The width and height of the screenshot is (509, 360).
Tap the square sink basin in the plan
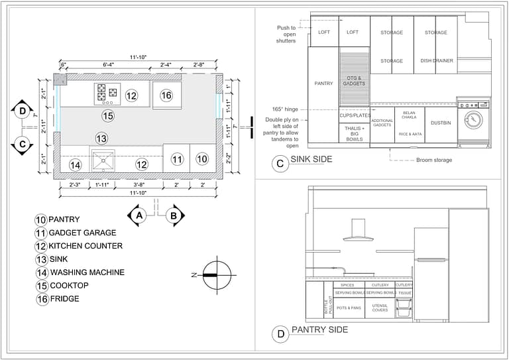(103, 160)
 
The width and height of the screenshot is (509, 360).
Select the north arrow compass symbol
(217, 274)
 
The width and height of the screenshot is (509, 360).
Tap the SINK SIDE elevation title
(311, 159)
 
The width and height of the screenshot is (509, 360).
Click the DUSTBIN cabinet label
(441, 123)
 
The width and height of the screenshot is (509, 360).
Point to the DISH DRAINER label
(437, 61)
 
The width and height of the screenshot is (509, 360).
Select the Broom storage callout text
(434, 160)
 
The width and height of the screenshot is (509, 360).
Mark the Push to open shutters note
(286, 34)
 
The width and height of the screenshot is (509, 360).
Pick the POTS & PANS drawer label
(349, 308)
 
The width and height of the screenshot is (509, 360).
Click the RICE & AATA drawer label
(410, 134)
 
